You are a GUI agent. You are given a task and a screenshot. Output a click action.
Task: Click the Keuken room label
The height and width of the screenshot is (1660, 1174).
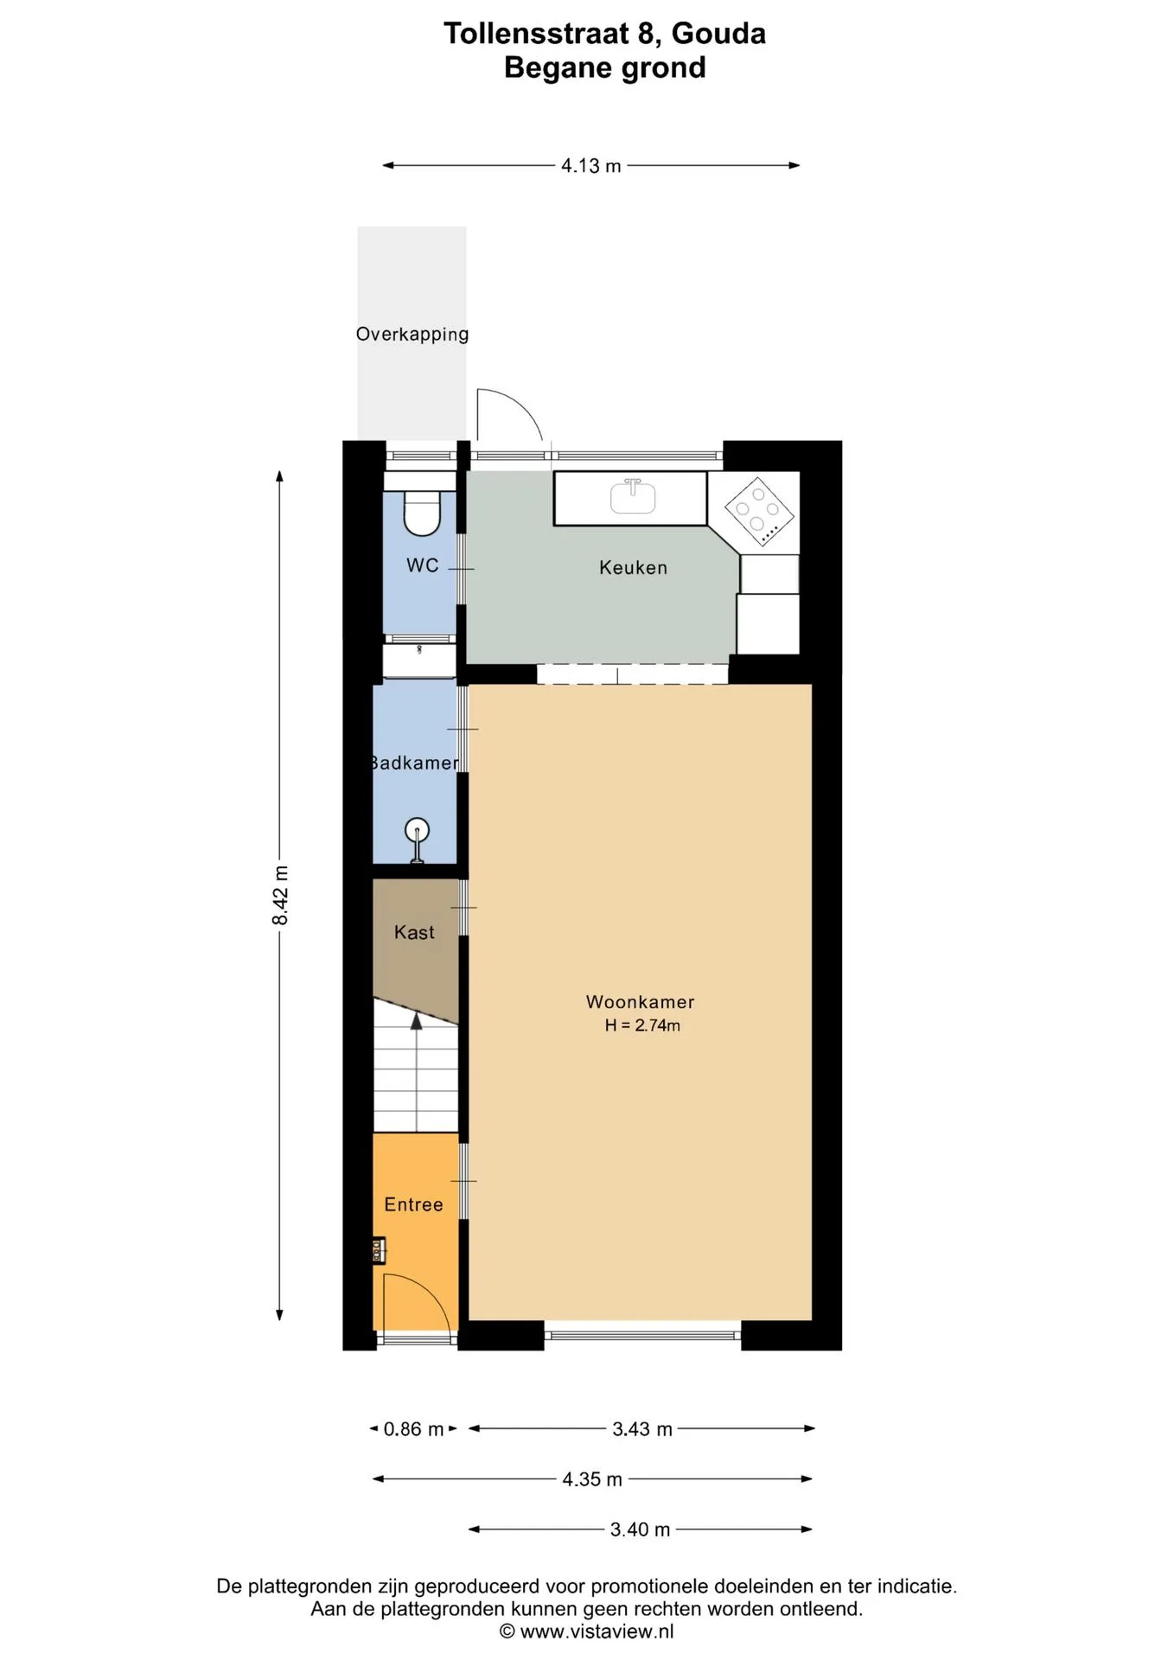(x=633, y=568)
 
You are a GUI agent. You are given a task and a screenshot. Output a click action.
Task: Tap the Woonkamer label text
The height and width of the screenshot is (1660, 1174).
(x=640, y=1002)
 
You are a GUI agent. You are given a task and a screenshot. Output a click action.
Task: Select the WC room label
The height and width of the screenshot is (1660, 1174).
(x=423, y=565)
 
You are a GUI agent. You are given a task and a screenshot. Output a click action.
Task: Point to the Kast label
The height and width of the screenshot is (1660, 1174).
(x=414, y=932)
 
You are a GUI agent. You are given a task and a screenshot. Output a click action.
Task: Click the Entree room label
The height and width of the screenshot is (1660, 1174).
(x=413, y=1204)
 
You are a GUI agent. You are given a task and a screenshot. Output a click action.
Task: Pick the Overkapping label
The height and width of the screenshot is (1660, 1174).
(x=412, y=334)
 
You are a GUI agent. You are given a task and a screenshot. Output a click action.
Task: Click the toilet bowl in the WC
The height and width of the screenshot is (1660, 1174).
(x=423, y=513)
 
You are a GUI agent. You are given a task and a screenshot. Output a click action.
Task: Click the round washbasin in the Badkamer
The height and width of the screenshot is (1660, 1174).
(x=418, y=832)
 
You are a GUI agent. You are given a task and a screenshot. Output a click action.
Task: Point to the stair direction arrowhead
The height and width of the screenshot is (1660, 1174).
(x=416, y=1021)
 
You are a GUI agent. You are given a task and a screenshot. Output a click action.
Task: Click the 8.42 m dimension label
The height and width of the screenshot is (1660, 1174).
(x=280, y=895)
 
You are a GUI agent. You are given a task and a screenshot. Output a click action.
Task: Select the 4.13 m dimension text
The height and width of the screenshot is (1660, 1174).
(x=591, y=166)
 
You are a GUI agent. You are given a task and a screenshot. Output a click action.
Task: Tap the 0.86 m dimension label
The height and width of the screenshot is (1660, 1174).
(x=413, y=1429)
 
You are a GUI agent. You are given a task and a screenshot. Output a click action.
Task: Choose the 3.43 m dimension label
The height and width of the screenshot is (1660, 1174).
(x=642, y=1429)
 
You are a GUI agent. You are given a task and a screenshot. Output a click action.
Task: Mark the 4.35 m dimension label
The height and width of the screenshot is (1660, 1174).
(x=592, y=1479)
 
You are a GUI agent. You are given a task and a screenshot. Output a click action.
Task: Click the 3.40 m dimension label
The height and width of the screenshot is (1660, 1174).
(x=641, y=1529)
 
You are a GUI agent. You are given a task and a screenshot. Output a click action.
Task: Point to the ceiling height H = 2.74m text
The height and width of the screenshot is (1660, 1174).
(x=642, y=1026)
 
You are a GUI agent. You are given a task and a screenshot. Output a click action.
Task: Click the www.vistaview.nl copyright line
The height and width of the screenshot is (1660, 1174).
(x=587, y=1631)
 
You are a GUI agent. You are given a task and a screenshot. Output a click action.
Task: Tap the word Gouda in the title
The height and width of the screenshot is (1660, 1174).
(x=718, y=34)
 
